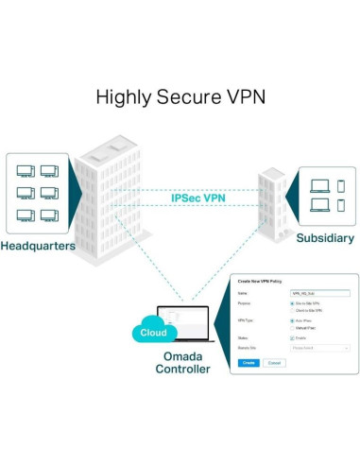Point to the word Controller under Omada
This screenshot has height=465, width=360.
[181, 369]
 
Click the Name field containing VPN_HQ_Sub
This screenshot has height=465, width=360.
[320, 294]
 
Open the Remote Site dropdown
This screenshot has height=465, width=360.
[320, 348]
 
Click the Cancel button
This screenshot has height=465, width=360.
[273, 362]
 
